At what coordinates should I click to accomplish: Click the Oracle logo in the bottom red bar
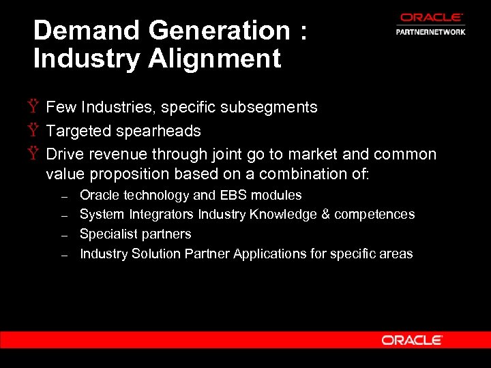(412, 340)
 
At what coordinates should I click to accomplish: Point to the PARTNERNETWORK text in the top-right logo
(430, 32)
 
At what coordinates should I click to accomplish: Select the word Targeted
(78, 131)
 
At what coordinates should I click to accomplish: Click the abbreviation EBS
(232, 196)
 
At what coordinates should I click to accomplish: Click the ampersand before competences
(326, 215)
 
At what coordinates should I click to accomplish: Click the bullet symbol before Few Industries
(33, 108)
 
